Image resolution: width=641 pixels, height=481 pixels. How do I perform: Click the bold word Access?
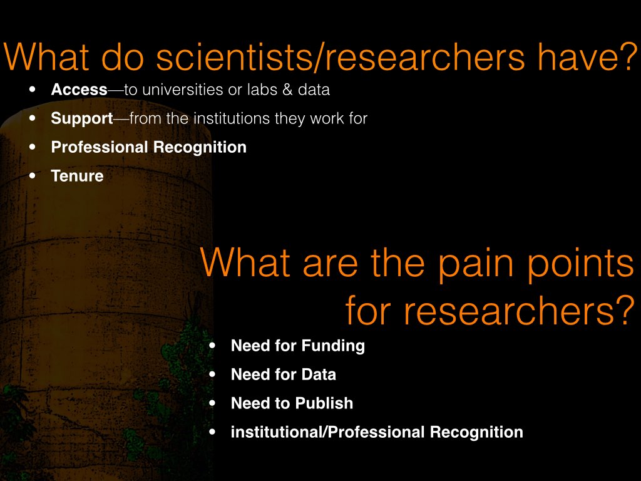[x=79, y=90]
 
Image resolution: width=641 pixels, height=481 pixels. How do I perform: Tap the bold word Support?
[x=82, y=118]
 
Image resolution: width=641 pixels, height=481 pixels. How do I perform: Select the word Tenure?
[x=77, y=176]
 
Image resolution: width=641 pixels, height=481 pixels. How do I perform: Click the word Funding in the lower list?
[x=333, y=346]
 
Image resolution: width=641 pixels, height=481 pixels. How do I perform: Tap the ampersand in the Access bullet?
[x=288, y=90]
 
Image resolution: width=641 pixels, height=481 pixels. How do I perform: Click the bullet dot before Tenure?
[x=33, y=176]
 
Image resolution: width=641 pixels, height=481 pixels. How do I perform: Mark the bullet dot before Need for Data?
[x=212, y=375]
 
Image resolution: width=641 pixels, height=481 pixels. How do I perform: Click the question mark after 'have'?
[x=630, y=57]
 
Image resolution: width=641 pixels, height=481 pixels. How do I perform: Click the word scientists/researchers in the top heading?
[x=340, y=57]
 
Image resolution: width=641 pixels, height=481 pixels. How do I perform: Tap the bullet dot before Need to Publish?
[x=212, y=403]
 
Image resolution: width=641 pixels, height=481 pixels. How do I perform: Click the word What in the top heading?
[x=46, y=57]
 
